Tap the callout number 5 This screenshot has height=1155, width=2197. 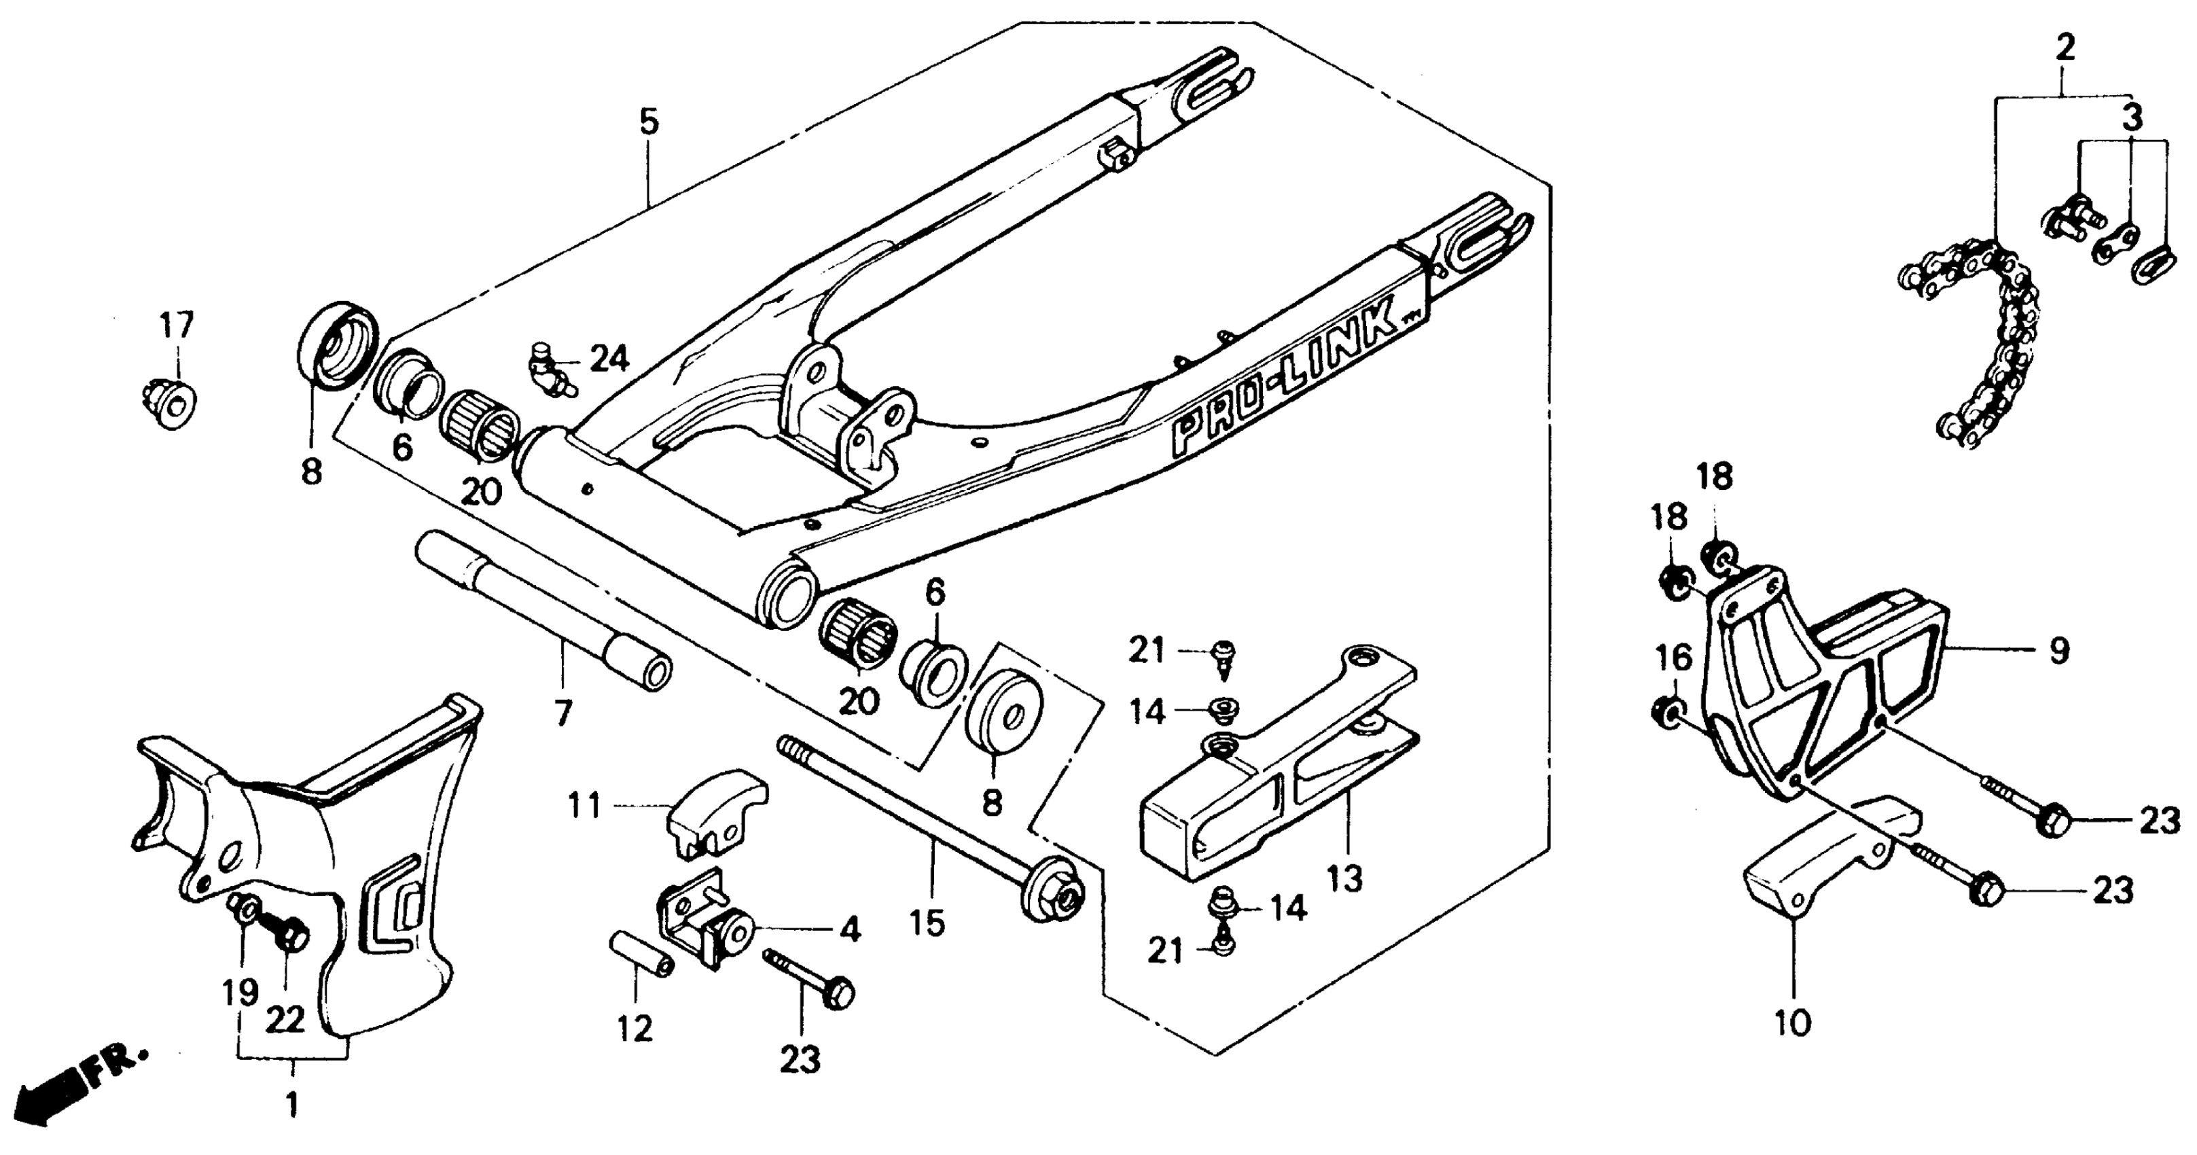point(649,122)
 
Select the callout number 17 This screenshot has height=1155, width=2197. point(177,325)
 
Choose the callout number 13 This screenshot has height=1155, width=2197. point(1345,878)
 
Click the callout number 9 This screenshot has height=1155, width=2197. point(2059,651)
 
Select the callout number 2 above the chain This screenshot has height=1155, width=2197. point(2064,47)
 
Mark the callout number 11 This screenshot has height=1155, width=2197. point(586,805)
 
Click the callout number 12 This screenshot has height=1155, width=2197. point(635,1028)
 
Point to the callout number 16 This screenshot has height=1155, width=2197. point(1673,658)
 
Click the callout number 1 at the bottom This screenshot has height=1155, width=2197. point(291,1105)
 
